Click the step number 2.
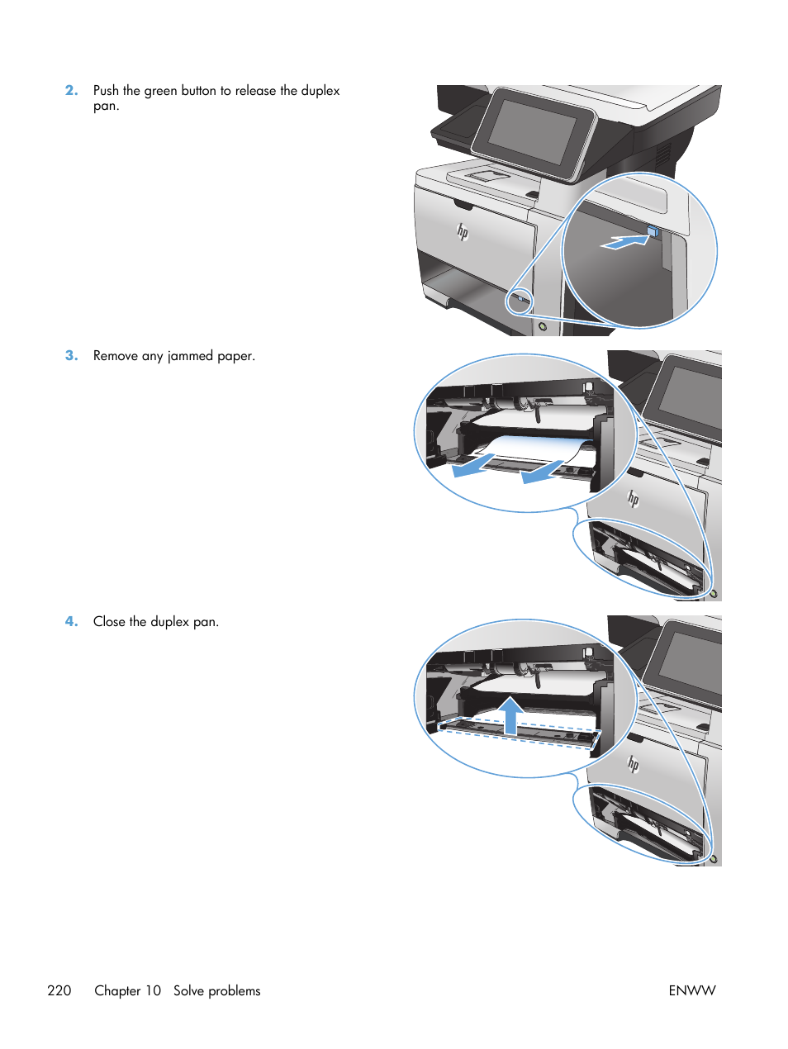tap(71, 91)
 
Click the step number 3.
tap(71, 356)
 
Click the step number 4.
tap(71, 622)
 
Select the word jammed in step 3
tap(190, 356)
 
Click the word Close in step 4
tap(109, 622)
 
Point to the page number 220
tap(59, 990)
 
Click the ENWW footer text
tap(691, 990)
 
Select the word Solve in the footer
tap(188, 990)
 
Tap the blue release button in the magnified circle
tap(653, 233)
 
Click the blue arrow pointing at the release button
tap(624, 241)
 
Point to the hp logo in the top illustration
tap(463, 233)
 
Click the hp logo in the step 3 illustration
tap(634, 498)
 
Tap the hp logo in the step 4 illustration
tap(634, 764)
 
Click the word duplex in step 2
tap(320, 91)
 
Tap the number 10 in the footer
tap(153, 990)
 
